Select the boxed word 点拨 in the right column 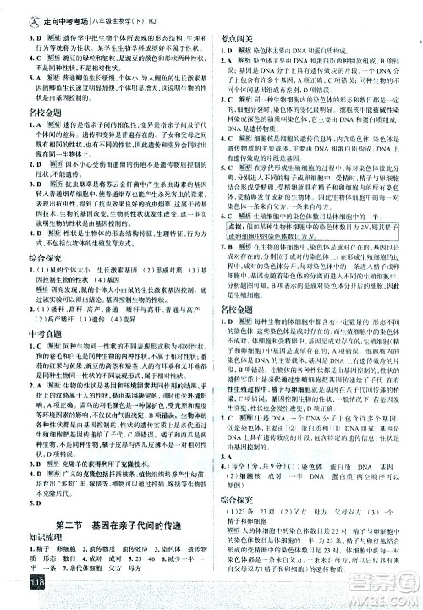[233, 227]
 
